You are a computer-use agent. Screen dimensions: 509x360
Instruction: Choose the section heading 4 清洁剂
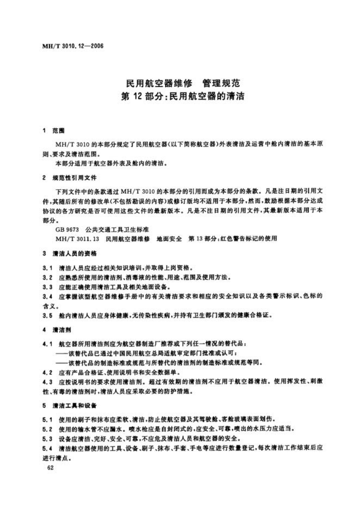54,330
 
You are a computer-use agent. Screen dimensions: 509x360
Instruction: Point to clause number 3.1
47,267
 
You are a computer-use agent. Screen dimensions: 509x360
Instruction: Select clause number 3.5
47,315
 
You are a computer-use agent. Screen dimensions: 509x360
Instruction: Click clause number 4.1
47,344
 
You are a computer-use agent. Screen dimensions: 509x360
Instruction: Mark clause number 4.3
47,382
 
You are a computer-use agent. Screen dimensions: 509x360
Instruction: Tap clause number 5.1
47,419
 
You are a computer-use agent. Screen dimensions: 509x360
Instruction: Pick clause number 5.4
47,448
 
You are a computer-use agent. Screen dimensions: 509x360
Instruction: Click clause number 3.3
47,286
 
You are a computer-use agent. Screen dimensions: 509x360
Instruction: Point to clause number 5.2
47,429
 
